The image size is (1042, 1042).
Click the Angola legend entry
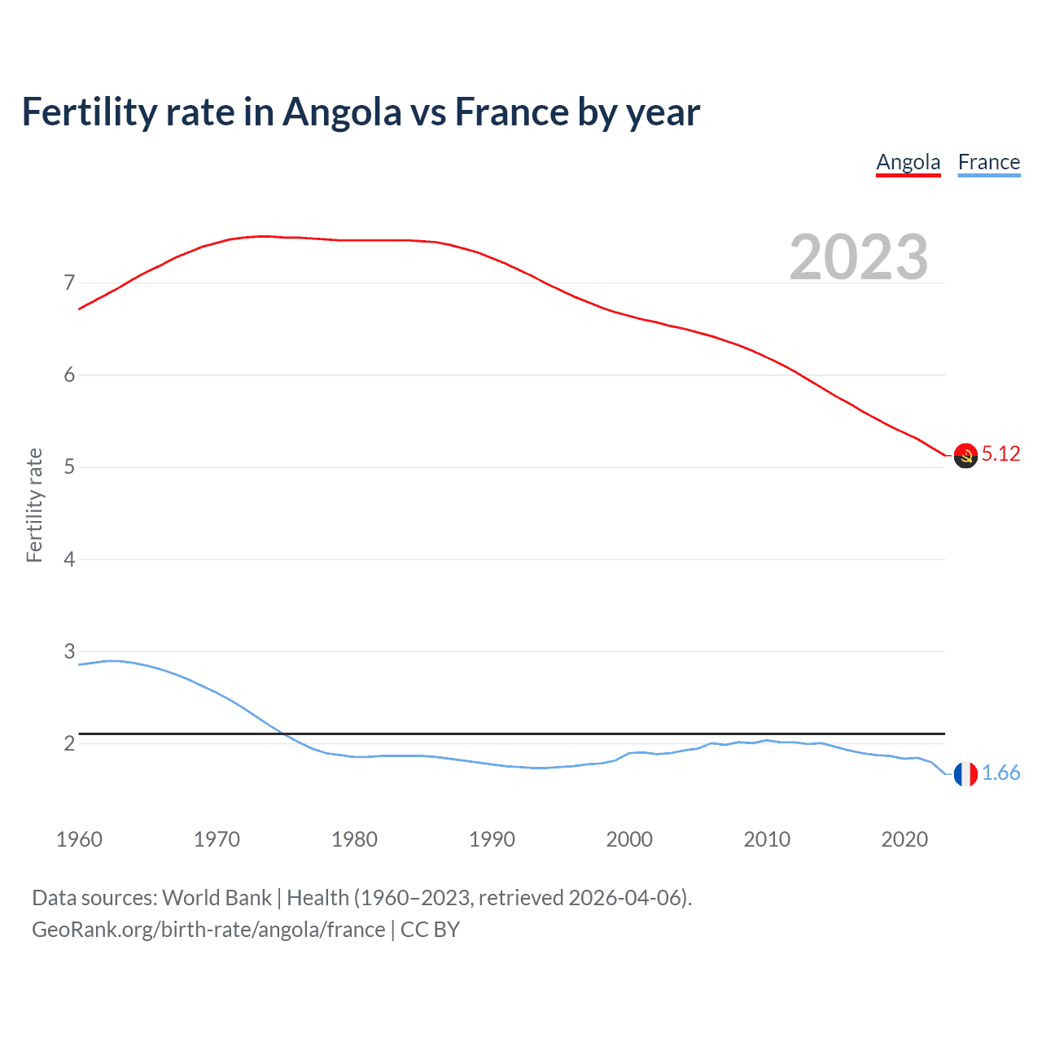(908, 162)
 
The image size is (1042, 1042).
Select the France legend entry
(988, 162)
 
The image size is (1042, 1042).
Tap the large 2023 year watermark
(858, 257)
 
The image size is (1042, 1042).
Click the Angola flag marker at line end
(965, 456)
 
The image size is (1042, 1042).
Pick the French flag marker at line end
(965, 774)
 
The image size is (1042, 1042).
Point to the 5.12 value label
(1000, 454)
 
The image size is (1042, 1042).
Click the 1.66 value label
(1000, 773)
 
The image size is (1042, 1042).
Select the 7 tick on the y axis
(69, 283)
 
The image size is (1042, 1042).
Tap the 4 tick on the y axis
(69, 559)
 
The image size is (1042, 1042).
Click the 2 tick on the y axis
(69, 743)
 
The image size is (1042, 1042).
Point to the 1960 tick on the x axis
(79, 839)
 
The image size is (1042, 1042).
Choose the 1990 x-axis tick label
(492, 839)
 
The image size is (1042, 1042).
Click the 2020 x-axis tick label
(904, 839)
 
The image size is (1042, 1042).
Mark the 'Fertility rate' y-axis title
(34, 505)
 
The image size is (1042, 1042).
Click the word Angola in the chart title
(342, 112)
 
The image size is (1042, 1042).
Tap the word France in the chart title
(512, 112)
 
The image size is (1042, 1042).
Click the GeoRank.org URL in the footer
(208, 930)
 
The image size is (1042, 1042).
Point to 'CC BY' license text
(430, 930)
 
